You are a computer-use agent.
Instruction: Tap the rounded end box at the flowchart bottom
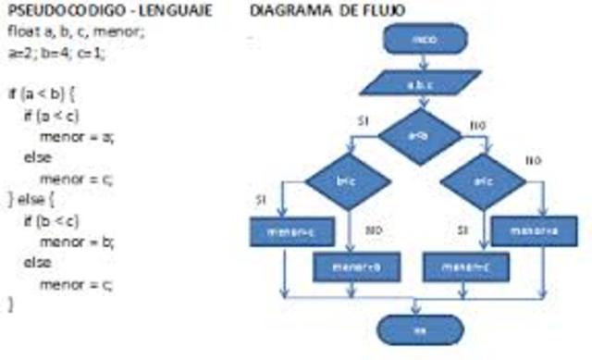tap(419, 327)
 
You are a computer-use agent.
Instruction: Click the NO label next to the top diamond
tap(477, 124)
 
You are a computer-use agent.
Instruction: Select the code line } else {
tap(32, 199)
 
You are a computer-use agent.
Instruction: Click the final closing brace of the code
tap(11, 304)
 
